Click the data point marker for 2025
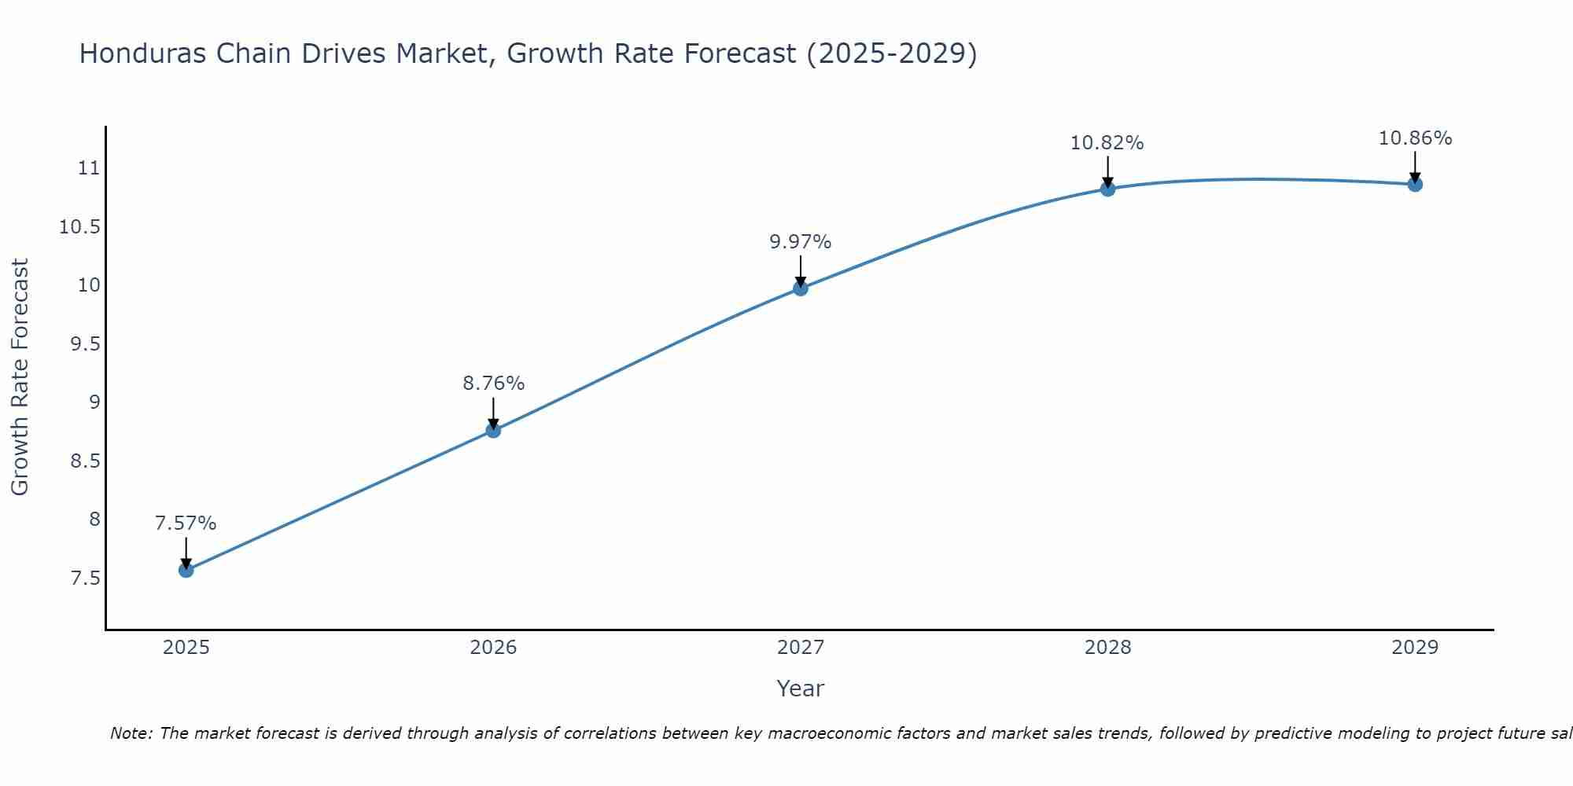pos(186,570)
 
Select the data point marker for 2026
pos(493,430)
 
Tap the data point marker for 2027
pos(801,288)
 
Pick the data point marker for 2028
pos(1107,189)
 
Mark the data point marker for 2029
pos(1415,185)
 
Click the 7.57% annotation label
pos(186,523)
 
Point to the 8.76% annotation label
pos(493,384)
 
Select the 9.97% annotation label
pos(801,242)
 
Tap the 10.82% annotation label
pos(1107,143)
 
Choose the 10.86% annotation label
pos(1415,138)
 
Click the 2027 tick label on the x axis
pos(801,648)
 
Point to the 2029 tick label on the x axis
pos(1415,648)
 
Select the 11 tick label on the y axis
pos(89,168)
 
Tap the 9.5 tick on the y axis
pos(86,344)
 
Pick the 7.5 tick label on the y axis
pos(86,578)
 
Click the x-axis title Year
pos(800,689)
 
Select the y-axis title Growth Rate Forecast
pos(20,377)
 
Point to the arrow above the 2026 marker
pos(493,412)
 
